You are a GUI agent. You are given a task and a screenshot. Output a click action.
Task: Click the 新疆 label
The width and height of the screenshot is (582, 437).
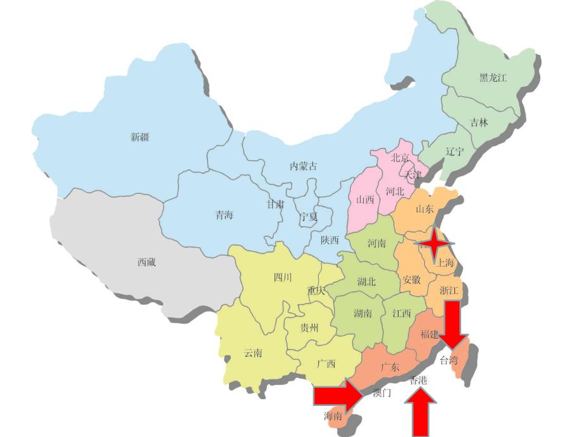[140, 137]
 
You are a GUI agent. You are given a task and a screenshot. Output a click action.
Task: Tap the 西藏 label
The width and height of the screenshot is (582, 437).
[146, 262]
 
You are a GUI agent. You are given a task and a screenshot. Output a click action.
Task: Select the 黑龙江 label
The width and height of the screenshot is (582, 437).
[493, 79]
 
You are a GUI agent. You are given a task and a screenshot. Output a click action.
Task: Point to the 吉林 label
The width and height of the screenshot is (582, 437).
[479, 123]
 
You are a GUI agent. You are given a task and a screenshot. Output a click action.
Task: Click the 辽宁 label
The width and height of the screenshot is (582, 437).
[454, 152]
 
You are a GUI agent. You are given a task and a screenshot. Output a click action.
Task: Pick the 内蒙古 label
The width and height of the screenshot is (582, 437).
[303, 166]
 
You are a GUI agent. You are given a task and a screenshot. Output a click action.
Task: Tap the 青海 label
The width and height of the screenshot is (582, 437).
[224, 215]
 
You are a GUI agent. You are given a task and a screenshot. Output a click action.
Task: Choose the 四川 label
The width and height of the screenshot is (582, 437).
[282, 277]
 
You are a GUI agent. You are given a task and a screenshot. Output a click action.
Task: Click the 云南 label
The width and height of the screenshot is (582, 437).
[253, 353]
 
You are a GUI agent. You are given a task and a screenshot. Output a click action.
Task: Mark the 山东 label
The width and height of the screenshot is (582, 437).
[424, 208]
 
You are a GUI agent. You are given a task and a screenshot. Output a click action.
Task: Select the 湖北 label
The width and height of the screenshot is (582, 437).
[366, 282]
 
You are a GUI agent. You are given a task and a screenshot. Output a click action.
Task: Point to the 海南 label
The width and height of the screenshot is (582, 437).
[333, 416]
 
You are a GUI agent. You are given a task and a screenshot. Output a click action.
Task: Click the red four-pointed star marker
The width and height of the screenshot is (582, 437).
[434, 244]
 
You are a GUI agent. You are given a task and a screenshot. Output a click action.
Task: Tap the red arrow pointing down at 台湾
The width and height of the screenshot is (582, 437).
[453, 323]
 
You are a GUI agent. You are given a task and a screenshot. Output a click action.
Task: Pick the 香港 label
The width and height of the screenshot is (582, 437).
[419, 381]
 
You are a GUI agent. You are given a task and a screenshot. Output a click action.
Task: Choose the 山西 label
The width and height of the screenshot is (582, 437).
[365, 199]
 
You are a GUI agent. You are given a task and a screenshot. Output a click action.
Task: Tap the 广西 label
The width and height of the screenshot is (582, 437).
[326, 364]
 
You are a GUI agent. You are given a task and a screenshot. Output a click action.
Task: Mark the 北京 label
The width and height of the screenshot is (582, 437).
[400, 158]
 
